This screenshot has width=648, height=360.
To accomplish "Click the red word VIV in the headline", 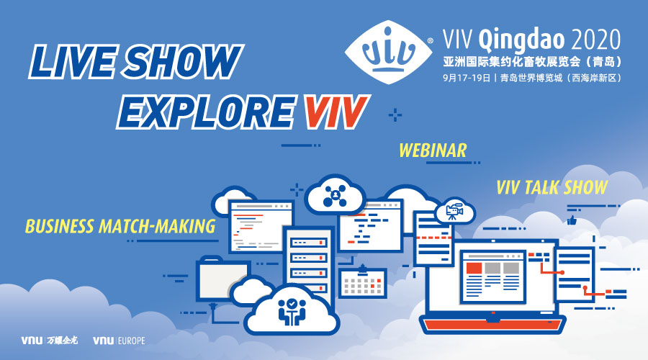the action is [336, 112].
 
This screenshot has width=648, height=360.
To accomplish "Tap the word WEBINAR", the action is [433, 150].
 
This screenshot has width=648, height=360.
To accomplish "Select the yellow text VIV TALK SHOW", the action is [552, 188].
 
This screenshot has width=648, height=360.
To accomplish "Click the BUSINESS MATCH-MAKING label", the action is [120, 226].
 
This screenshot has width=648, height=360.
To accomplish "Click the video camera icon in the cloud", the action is [454, 212].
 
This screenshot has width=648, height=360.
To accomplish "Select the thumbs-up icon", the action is [572, 220].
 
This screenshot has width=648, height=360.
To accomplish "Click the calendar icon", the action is [363, 282].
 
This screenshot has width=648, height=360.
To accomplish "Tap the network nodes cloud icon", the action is [335, 195].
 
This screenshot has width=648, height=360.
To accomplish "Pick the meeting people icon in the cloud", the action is [292, 310].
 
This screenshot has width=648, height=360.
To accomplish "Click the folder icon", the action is [222, 278].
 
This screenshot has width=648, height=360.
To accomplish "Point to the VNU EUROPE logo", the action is [119, 341].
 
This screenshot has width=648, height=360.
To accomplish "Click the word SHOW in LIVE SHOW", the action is [183, 62].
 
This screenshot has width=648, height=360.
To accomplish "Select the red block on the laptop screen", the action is [474, 268].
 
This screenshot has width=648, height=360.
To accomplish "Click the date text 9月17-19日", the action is [467, 78].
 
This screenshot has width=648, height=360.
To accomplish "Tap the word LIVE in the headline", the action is [73, 62].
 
